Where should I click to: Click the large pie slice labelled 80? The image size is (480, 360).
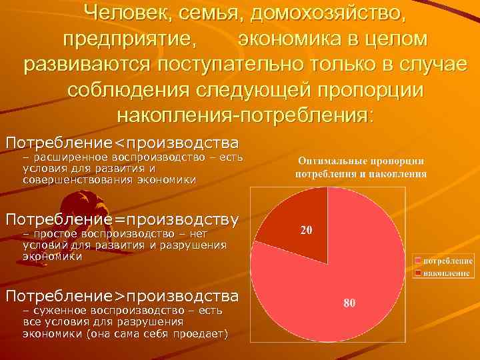333,287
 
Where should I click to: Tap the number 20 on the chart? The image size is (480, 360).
307,231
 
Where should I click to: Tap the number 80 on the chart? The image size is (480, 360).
350,303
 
